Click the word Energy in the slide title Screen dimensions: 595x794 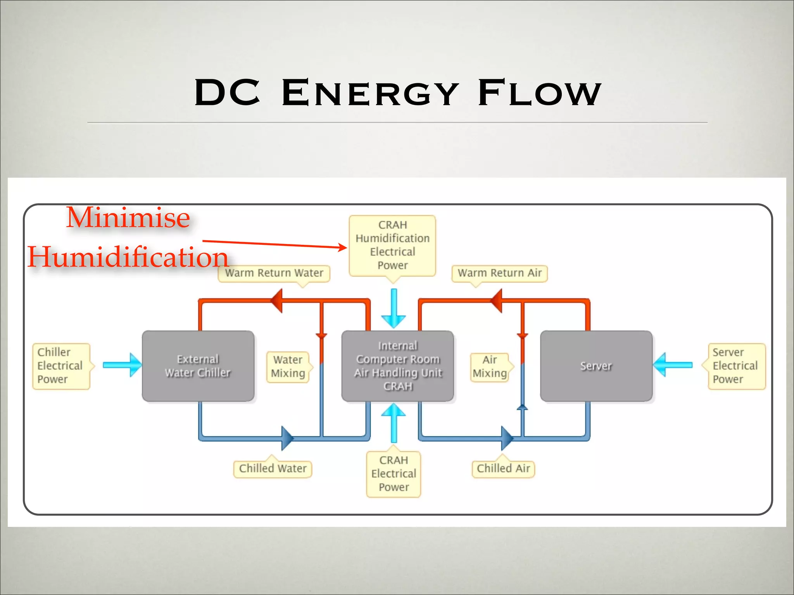[370, 93]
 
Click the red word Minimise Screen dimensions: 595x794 [128, 218]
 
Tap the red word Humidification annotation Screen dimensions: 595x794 [128, 257]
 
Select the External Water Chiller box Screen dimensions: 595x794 [198, 366]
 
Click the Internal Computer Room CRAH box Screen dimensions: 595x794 [397, 366]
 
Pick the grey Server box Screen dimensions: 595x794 [596, 366]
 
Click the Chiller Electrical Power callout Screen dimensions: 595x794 [61, 366]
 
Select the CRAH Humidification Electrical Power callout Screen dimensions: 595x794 [392, 245]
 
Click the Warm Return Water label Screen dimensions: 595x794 [274, 273]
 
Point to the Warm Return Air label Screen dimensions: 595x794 [499, 273]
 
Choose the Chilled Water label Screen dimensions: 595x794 [273, 469]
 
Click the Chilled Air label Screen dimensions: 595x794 [503, 469]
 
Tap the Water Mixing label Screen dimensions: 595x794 [288, 366]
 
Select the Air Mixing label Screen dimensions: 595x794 [490, 366]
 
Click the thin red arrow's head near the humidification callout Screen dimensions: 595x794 [343, 247]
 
